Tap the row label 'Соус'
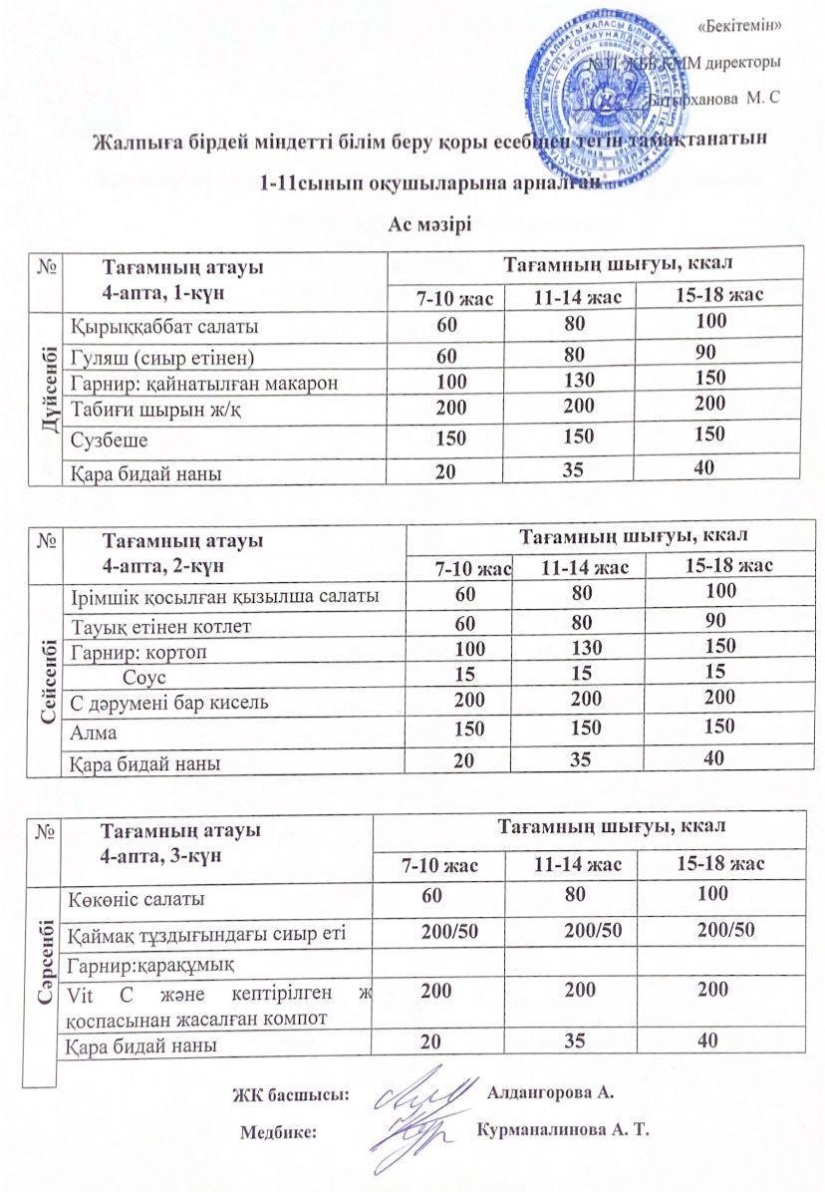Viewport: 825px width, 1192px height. click(x=144, y=676)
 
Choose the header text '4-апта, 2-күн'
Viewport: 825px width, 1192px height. click(x=161, y=564)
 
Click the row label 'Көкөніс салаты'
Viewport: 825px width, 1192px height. click(x=137, y=899)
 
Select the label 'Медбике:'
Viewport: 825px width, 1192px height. click(x=280, y=1132)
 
